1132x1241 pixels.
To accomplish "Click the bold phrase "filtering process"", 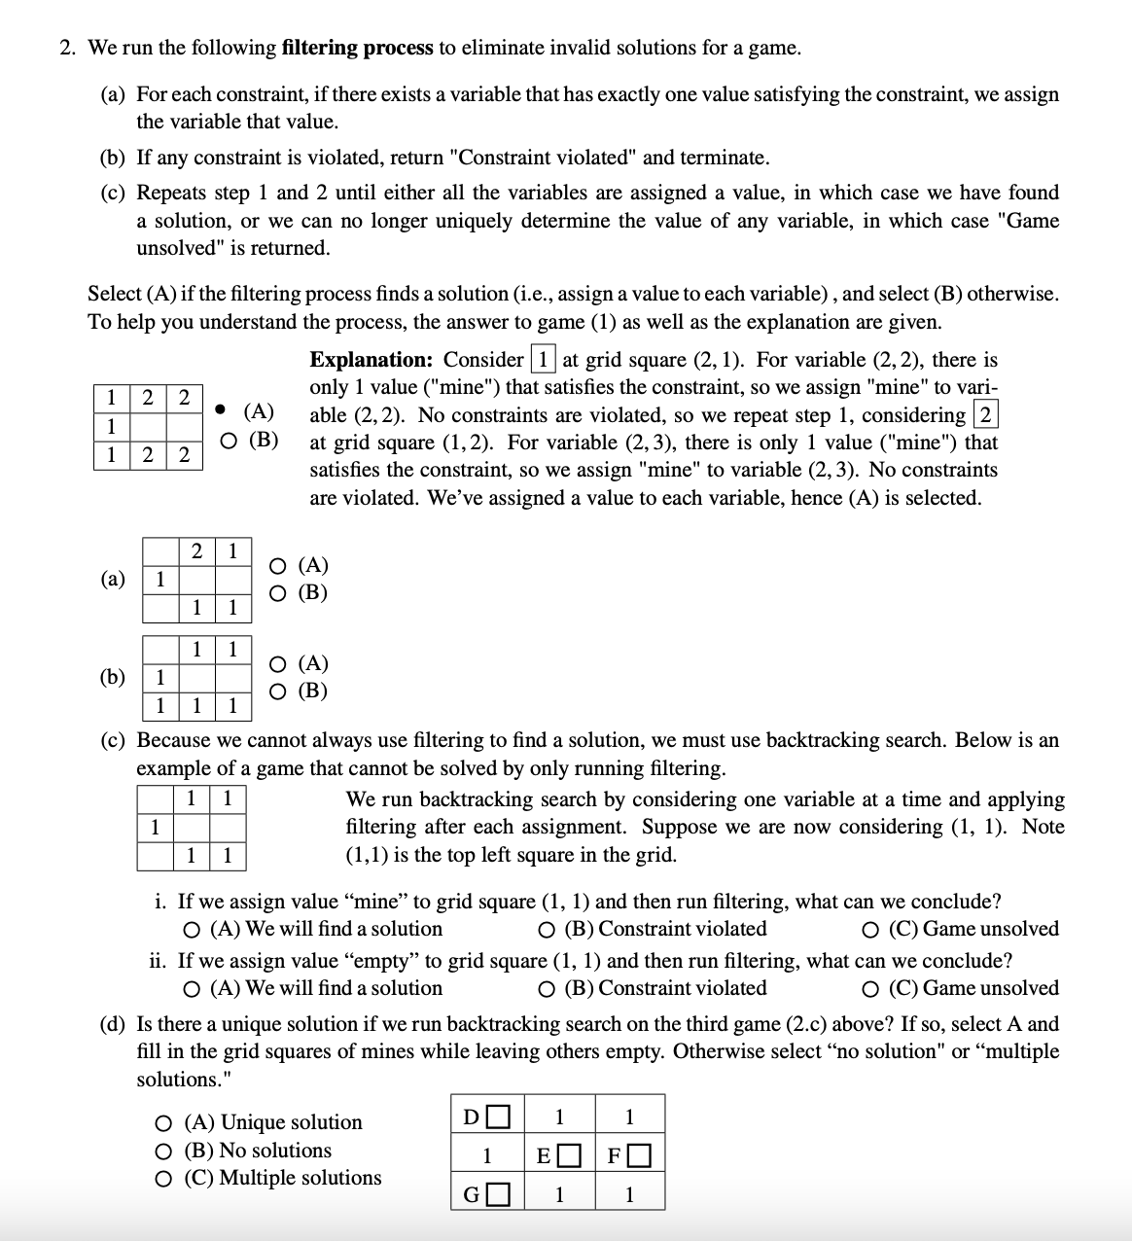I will (x=357, y=48).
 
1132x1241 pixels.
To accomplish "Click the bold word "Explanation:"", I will (x=371, y=360).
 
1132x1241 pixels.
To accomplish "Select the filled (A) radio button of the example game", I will (x=225, y=410).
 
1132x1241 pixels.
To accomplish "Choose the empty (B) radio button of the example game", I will (x=225, y=440).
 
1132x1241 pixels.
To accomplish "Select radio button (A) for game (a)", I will (x=279, y=566).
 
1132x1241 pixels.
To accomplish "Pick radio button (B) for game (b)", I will (x=279, y=692).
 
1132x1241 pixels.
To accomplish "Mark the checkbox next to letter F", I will (x=639, y=1156).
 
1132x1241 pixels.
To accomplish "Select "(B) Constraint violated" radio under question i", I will (x=547, y=930).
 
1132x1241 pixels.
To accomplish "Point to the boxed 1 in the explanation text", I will (x=543, y=360).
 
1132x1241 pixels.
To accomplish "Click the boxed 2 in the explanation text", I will (x=985, y=415).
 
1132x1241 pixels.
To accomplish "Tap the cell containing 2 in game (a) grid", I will (x=196, y=551).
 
